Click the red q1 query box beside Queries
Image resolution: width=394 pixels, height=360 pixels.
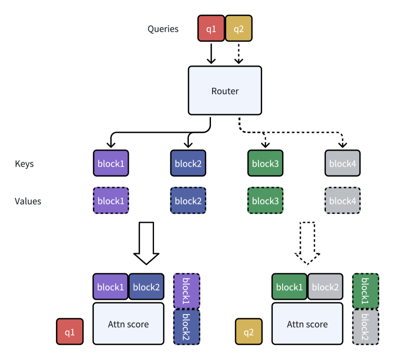[x=211, y=29]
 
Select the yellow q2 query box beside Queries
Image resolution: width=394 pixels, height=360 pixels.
[x=238, y=29]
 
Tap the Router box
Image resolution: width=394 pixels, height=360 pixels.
[x=225, y=91]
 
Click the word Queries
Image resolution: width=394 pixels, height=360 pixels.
[x=163, y=29]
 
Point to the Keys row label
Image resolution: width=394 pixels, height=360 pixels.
[x=24, y=164]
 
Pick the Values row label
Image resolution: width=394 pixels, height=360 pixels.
[x=28, y=201]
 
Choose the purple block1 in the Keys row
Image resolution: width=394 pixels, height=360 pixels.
[x=111, y=163]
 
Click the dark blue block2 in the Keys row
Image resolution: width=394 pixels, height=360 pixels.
[x=188, y=163]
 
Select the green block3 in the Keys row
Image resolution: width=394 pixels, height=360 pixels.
[x=265, y=163]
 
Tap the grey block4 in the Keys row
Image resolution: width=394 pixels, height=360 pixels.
[x=343, y=163]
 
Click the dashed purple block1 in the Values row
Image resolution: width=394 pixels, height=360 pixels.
[x=111, y=201]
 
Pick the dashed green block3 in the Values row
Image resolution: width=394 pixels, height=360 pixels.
[x=265, y=201]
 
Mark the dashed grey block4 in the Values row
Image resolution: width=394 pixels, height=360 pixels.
[x=343, y=201]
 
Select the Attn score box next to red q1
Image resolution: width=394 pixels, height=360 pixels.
[x=128, y=324]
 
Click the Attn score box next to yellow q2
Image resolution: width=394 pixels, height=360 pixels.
[x=307, y=324]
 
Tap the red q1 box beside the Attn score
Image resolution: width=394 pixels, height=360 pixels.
[x=70, y=332]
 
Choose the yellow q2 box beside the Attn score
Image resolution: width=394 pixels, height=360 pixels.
[x=248, y=332]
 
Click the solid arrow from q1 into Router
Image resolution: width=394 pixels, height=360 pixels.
[x=211, y=53]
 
